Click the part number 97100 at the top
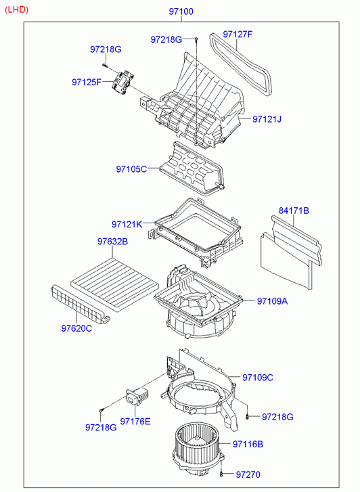pos(181,12)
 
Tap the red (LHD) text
pos(17,9)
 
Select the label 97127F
pos(238,35)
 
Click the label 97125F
pos(87,82)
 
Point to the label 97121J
pos(267,119)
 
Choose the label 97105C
pos(131,169)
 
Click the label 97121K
pos(127,225)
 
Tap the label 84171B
pos(294,210)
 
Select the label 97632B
pos(113,242)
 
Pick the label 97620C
pos(76,328)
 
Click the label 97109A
pos(273,301)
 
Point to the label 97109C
pos(258,378)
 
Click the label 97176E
pos(135,422)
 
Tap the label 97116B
pos(248,445)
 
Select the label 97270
pos(248,474)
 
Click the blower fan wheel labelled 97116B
pos(196,449)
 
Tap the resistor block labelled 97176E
pos(137,396)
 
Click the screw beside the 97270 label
pos(222,474)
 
